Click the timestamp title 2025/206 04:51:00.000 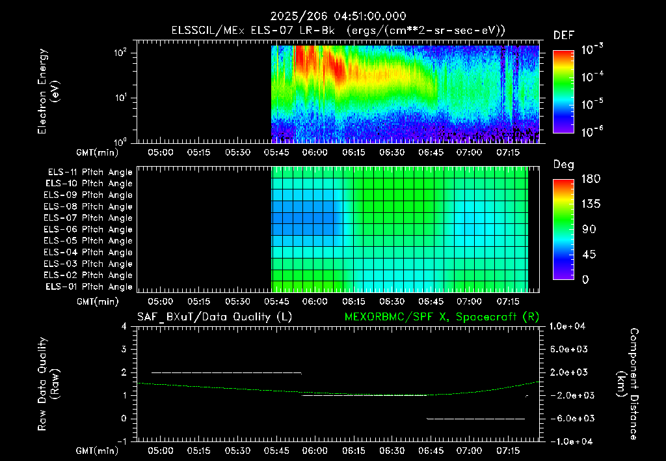tap(338, 16)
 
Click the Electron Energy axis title tap(47, 91)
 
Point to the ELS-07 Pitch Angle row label tap(88, 217)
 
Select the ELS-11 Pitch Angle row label tap(90, 172)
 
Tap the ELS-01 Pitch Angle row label tap(88, 286)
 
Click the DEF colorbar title tap(564, 35)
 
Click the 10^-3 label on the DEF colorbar tap(592, 49)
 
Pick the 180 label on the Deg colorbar tap(591, 178)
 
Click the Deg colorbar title tap(564, 165)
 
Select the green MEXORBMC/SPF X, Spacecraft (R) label tap(442, 317)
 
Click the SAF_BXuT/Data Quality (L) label tap(215, 317)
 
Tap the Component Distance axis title tap(628, 384)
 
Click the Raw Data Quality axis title tap(48, 384)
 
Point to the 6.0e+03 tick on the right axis tap(568, 349)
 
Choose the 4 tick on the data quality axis tap(124, 326)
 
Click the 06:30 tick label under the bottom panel tap(392, 451)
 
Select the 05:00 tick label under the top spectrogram tap(160, 152)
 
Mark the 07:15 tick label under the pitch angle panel tap(508, 301)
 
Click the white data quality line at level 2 tap(226, 372)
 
